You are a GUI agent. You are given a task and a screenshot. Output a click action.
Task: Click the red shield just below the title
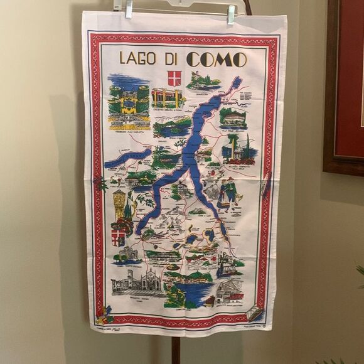click(174, 78)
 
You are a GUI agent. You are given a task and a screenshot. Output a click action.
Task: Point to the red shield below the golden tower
click(118, 237)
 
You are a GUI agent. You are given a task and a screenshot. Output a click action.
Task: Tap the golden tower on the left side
click(119, 205)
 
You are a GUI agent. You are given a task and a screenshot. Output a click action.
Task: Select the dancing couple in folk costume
click(226, 193)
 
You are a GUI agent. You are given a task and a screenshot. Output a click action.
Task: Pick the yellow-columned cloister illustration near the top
click(167, 98)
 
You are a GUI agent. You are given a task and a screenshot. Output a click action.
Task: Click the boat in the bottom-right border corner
click(255, 313)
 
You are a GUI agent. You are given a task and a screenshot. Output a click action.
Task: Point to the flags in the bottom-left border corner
click(103, 313)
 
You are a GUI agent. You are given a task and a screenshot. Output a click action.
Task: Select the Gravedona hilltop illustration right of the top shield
click(203, 81)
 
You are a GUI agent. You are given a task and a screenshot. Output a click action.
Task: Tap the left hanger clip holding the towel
click(129, 9)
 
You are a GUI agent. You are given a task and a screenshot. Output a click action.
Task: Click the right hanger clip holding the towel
click(231, 13)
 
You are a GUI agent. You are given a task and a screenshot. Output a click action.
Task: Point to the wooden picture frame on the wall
click(343, 88)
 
